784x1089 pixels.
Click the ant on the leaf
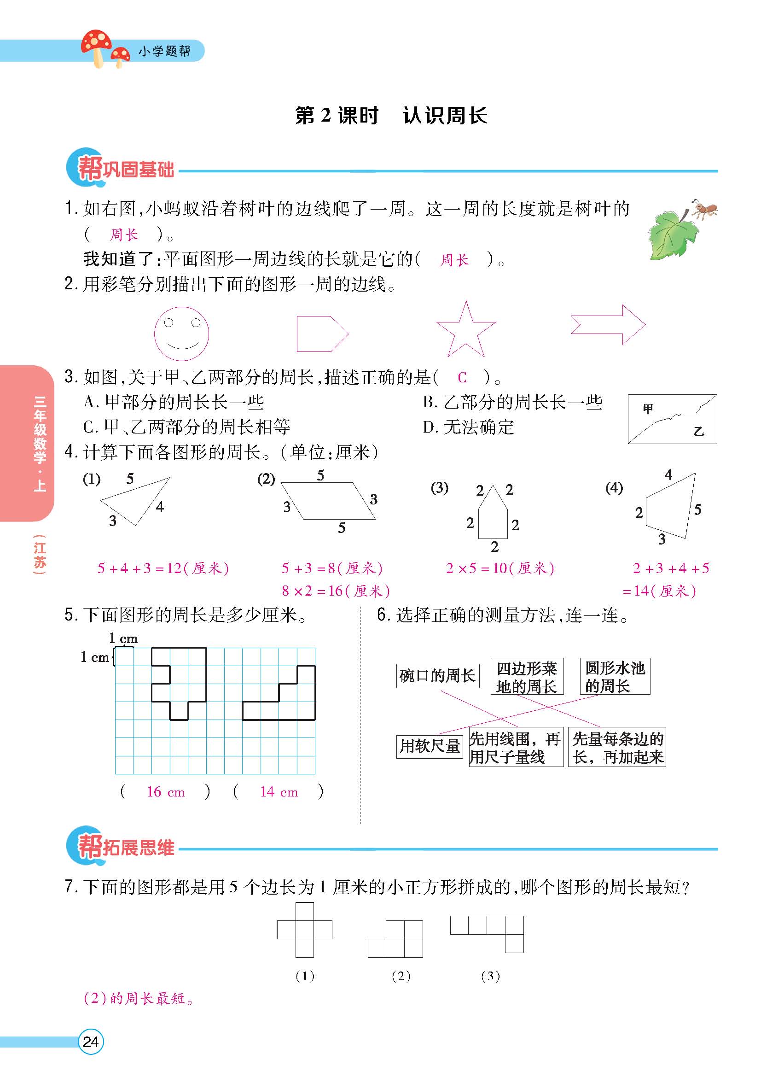pyautogui.click(x=703, y=209)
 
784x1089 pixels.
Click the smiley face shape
pyautogui.click(x=181, y=334)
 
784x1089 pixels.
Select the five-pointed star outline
pyautogui.click(x=465, y=331)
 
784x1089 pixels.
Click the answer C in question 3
pyautogui.click(x=462, y=377)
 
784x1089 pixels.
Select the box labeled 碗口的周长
pyautogui.click(x=437, y=676)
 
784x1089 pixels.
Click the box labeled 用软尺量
pyautogui.click(x=430, y=746)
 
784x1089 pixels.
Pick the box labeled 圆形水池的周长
pyautogui.click(x=615, y=676)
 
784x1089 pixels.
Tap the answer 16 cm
pyautogui.click(x=166, y=792)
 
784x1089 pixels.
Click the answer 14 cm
pyautogui.click(x=279, y=792)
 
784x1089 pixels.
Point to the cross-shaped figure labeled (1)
pyautogui.click(x=304, y=930)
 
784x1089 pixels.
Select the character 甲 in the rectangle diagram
pyautogui.click(x=648, y=409)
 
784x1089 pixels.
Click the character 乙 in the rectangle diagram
pyautogui.click(x=698, y=431)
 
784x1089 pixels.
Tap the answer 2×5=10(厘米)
pyautogui.click(x=500, y=568)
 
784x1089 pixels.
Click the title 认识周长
pyautogui.click(x=445, y=116)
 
